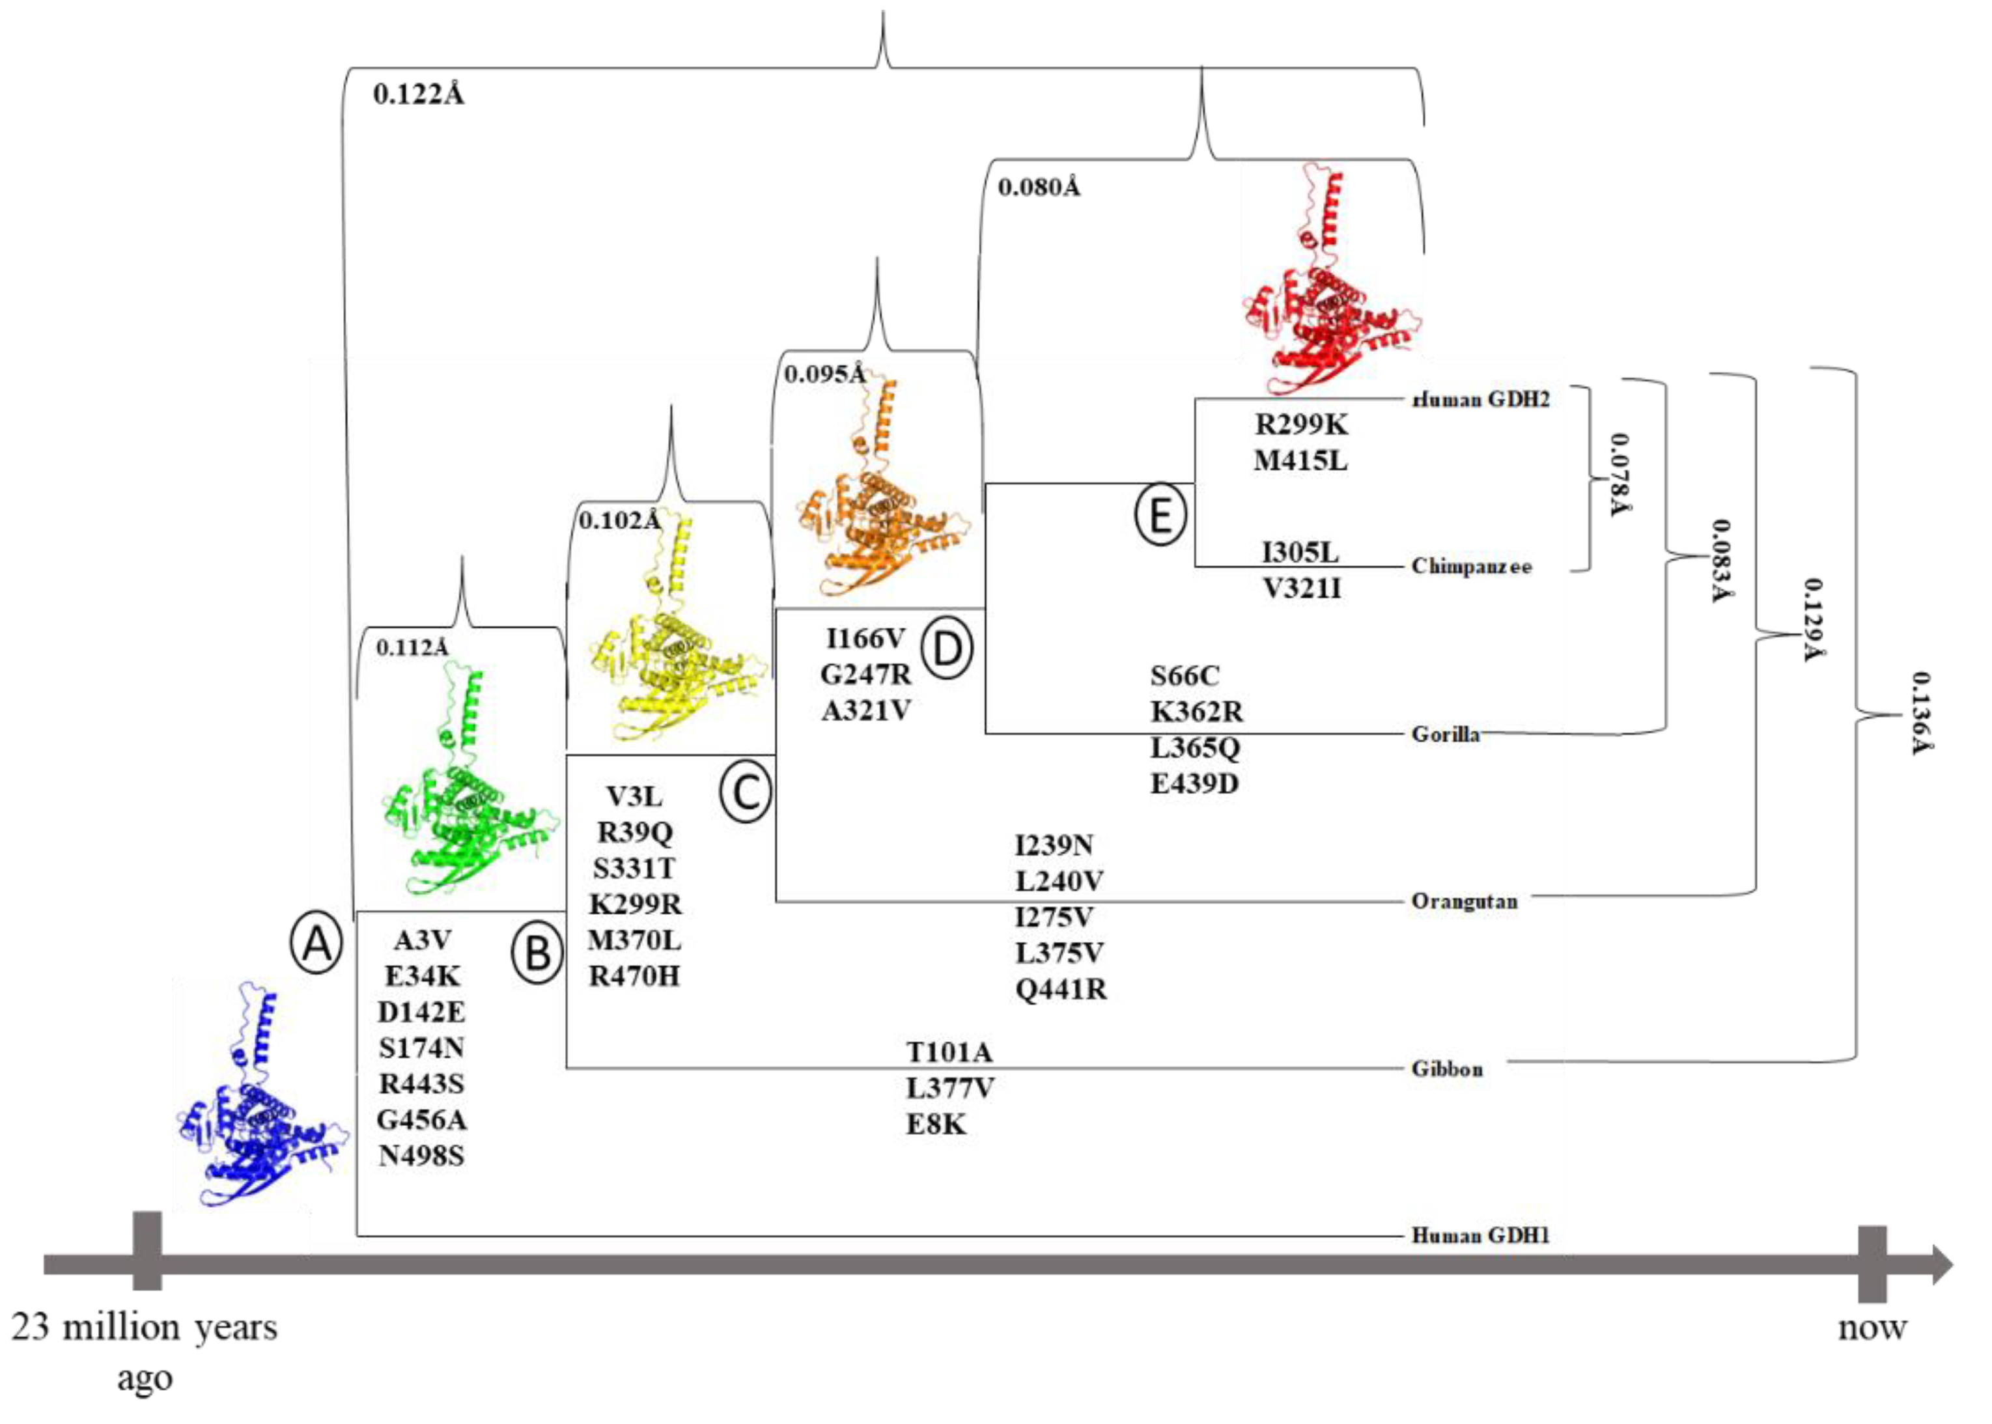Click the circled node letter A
(x=316, y=944)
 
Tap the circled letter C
(x=745, y=792)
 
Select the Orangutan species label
(x=1463, y=901)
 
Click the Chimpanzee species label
(x=1471, y=566)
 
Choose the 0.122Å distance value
(x=418, y=94)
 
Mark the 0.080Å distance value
(x=1039, y=188)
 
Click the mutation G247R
(x=865, y=675)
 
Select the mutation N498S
(x=421, y=1156)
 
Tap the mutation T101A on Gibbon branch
(x=949, y=1052)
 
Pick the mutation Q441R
(x=1061, y=989)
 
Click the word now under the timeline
(x=1871, y=1328)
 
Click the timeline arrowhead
(x=1941, y=1265)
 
